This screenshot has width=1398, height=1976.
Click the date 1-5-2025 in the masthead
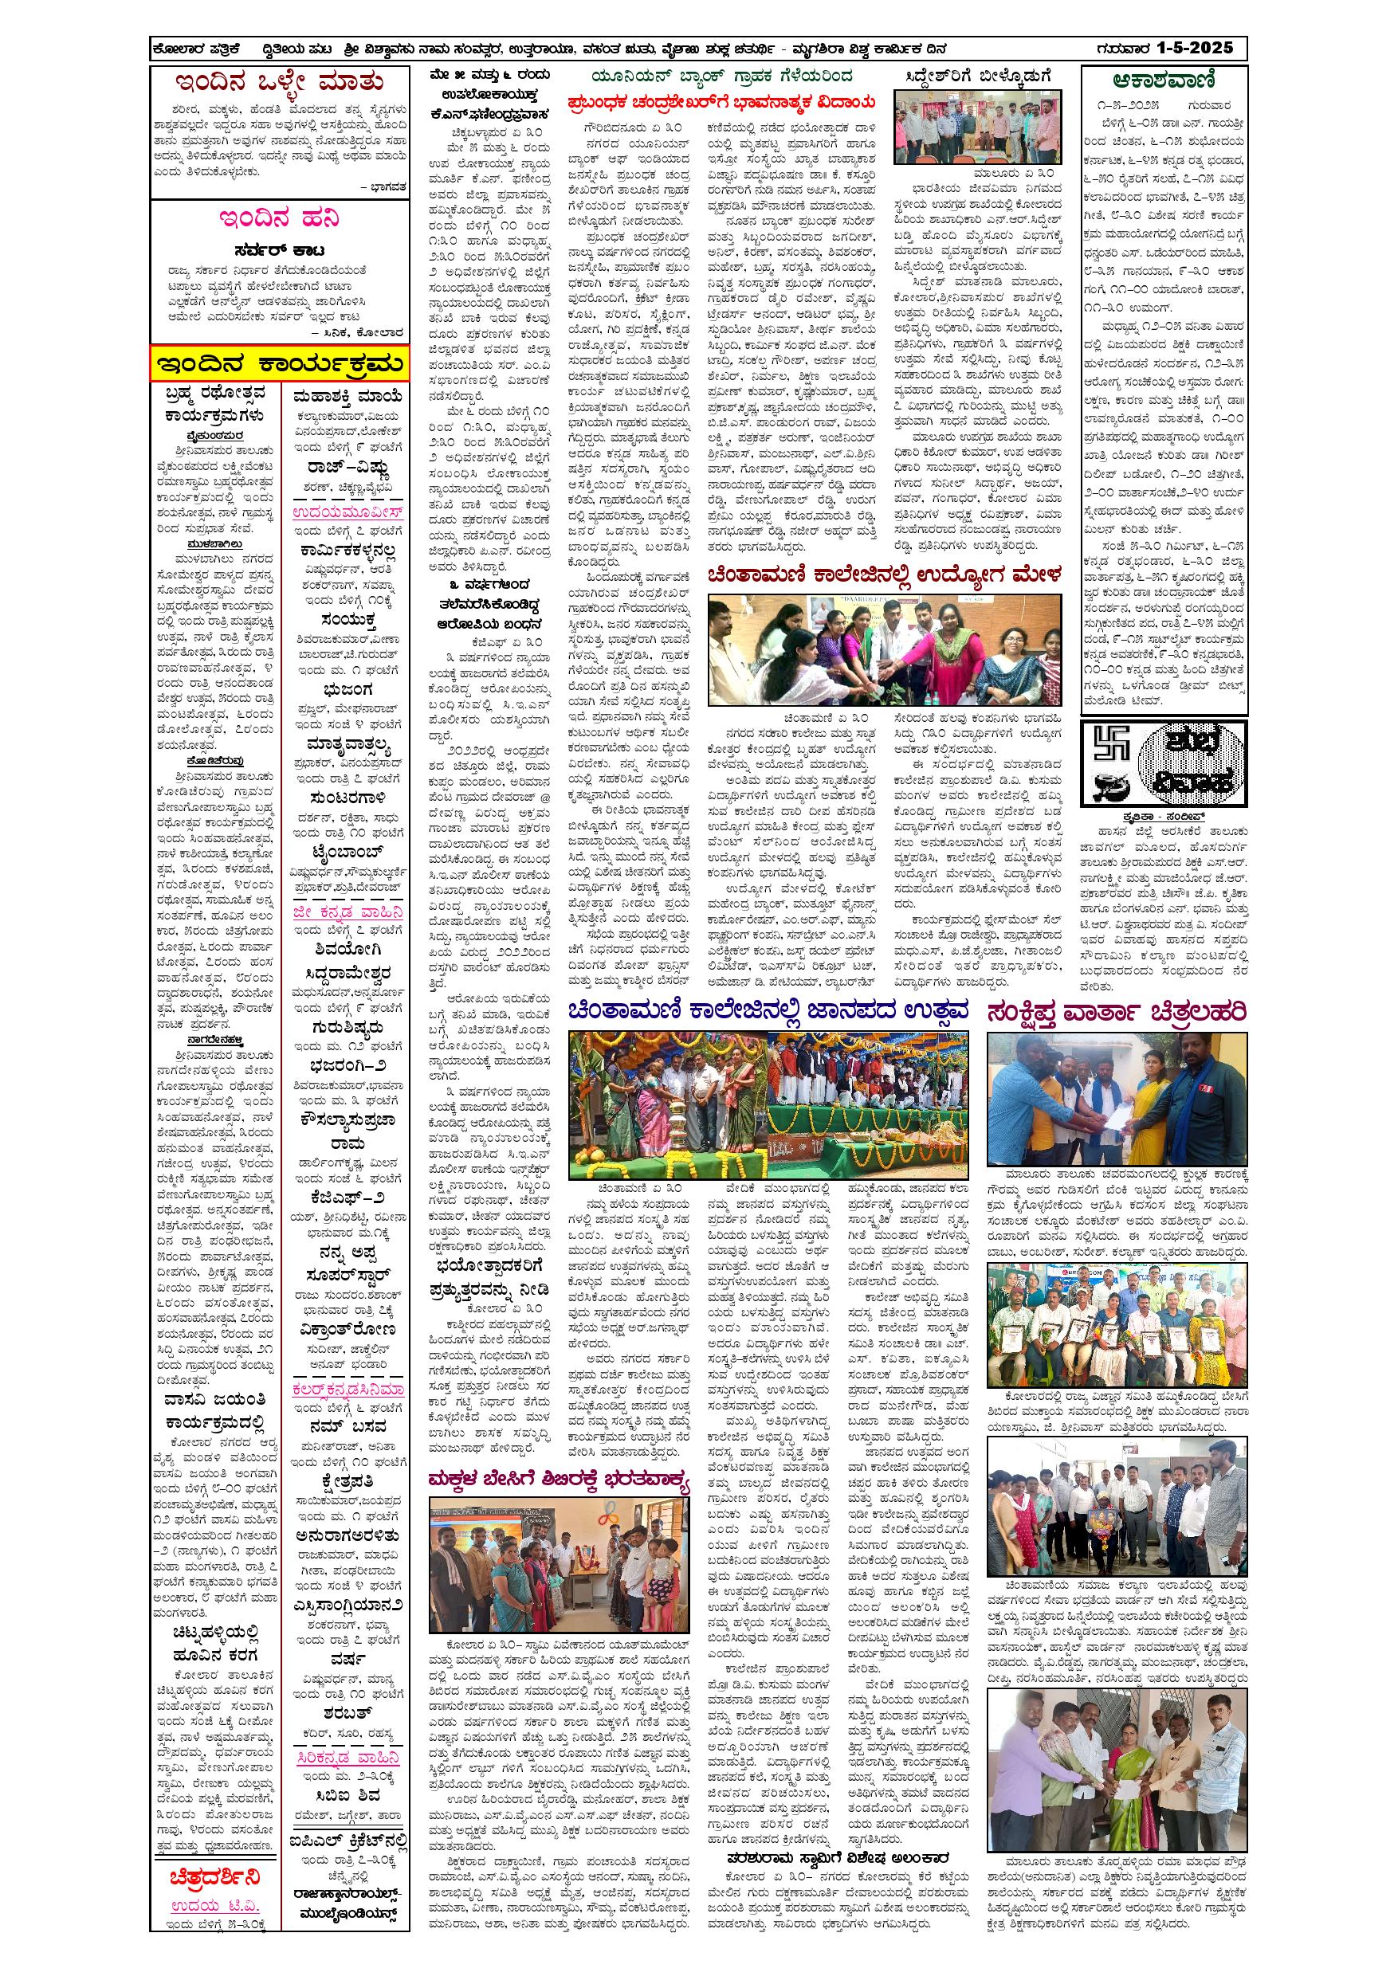point(1192,48)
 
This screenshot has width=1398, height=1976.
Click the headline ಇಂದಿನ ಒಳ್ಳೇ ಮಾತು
point(278,84)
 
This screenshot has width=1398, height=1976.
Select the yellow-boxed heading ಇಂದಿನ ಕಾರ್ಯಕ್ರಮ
point(278,363)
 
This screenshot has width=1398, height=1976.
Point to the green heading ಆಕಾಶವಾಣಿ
point(1163,82)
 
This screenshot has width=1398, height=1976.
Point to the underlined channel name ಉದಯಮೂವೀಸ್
point(348,515)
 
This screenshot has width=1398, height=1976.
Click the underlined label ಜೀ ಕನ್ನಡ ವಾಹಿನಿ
point(347,912)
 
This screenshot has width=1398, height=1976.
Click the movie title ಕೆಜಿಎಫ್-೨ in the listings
point(347,1198)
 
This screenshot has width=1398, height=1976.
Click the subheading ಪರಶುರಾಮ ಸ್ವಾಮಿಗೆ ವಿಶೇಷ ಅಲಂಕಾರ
point(848,1803)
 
